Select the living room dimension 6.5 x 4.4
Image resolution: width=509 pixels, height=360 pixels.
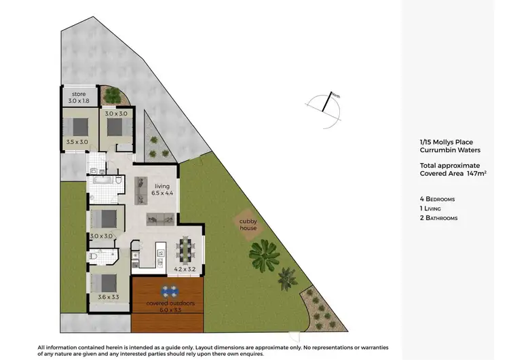coord(162,194)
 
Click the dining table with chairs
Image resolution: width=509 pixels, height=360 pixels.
coord(185,249)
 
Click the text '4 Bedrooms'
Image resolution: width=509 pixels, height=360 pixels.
coord(438,198)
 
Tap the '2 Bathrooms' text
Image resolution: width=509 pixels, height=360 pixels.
coord(439,218)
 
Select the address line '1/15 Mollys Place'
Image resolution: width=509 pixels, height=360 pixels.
coord(446,142)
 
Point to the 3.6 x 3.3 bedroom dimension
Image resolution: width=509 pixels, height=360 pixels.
coord(102,298)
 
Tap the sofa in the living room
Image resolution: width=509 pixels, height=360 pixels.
coord(161,219)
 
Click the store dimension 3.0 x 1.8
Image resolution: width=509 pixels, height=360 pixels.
coord(79,101)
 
